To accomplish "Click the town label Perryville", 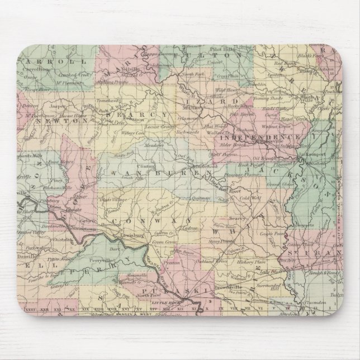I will [x=106, y=245].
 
